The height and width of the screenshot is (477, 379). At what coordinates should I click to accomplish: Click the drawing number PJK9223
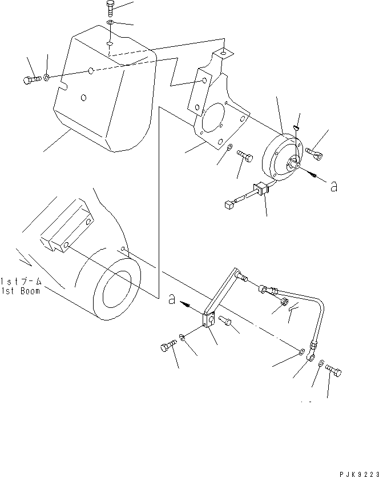(359, 474)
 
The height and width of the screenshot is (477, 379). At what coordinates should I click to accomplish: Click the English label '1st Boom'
(21, 291)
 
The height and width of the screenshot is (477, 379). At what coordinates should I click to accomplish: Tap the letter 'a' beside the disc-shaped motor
(334, 186)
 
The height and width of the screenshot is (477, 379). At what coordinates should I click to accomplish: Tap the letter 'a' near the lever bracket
(172, 299)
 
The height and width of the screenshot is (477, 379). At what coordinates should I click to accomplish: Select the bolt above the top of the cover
(110, 7)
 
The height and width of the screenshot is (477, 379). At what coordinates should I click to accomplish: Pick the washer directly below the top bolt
(110, 22)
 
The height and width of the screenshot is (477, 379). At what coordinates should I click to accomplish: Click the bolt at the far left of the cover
(32, 80)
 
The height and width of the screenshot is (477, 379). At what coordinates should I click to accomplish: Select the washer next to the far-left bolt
(46, 77)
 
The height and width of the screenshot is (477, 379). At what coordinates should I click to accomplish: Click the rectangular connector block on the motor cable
(261, 189)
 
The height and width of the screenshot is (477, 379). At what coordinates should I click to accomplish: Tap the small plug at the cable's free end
(229, 205)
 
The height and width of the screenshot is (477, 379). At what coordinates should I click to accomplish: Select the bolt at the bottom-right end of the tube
(333, 370)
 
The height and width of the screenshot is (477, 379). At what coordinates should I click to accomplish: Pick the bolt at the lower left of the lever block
(168, 346)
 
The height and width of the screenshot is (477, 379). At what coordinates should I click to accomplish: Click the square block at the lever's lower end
(209, 320)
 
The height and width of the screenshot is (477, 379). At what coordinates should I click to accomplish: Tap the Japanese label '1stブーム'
(21, 282)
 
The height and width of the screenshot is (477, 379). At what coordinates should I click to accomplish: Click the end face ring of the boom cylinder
(117, 289)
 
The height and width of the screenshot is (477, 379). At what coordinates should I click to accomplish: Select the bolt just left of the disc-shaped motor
(245, 156)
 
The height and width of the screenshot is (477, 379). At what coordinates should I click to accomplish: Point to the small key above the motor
(297, 127)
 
